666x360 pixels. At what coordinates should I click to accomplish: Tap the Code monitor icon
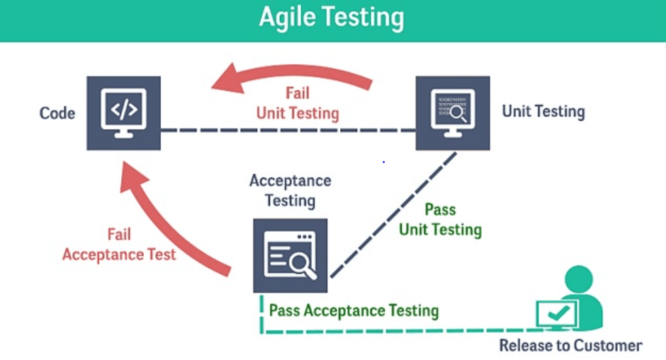click(x=123, y=113)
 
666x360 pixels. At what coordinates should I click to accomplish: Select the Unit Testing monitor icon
click(x=452, y=113)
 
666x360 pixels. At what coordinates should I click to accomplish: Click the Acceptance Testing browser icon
click(x=290, y=255)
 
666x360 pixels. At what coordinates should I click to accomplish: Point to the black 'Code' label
click(x=57, y=113)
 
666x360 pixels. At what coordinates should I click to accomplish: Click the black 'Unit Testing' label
click(x=543, y=111)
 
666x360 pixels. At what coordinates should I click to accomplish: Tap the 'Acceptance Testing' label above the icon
click(x=290, y=190)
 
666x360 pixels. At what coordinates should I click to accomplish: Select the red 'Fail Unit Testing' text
click(x=298, y=103)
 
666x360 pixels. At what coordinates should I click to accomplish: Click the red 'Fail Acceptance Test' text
click(x=119, y=244)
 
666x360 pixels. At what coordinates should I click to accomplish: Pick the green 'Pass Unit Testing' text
click(x=440, y=220)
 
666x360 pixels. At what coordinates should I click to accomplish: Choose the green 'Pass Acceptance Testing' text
click(x=354, y=310)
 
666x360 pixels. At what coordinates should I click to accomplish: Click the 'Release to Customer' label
click(x=570, y=346)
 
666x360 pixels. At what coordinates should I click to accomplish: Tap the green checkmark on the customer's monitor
click(x=557, y=313)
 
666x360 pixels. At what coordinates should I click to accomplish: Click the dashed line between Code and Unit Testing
click(x=287, y=130)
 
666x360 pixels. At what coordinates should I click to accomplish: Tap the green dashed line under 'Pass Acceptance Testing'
click(x=397, y=331)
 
